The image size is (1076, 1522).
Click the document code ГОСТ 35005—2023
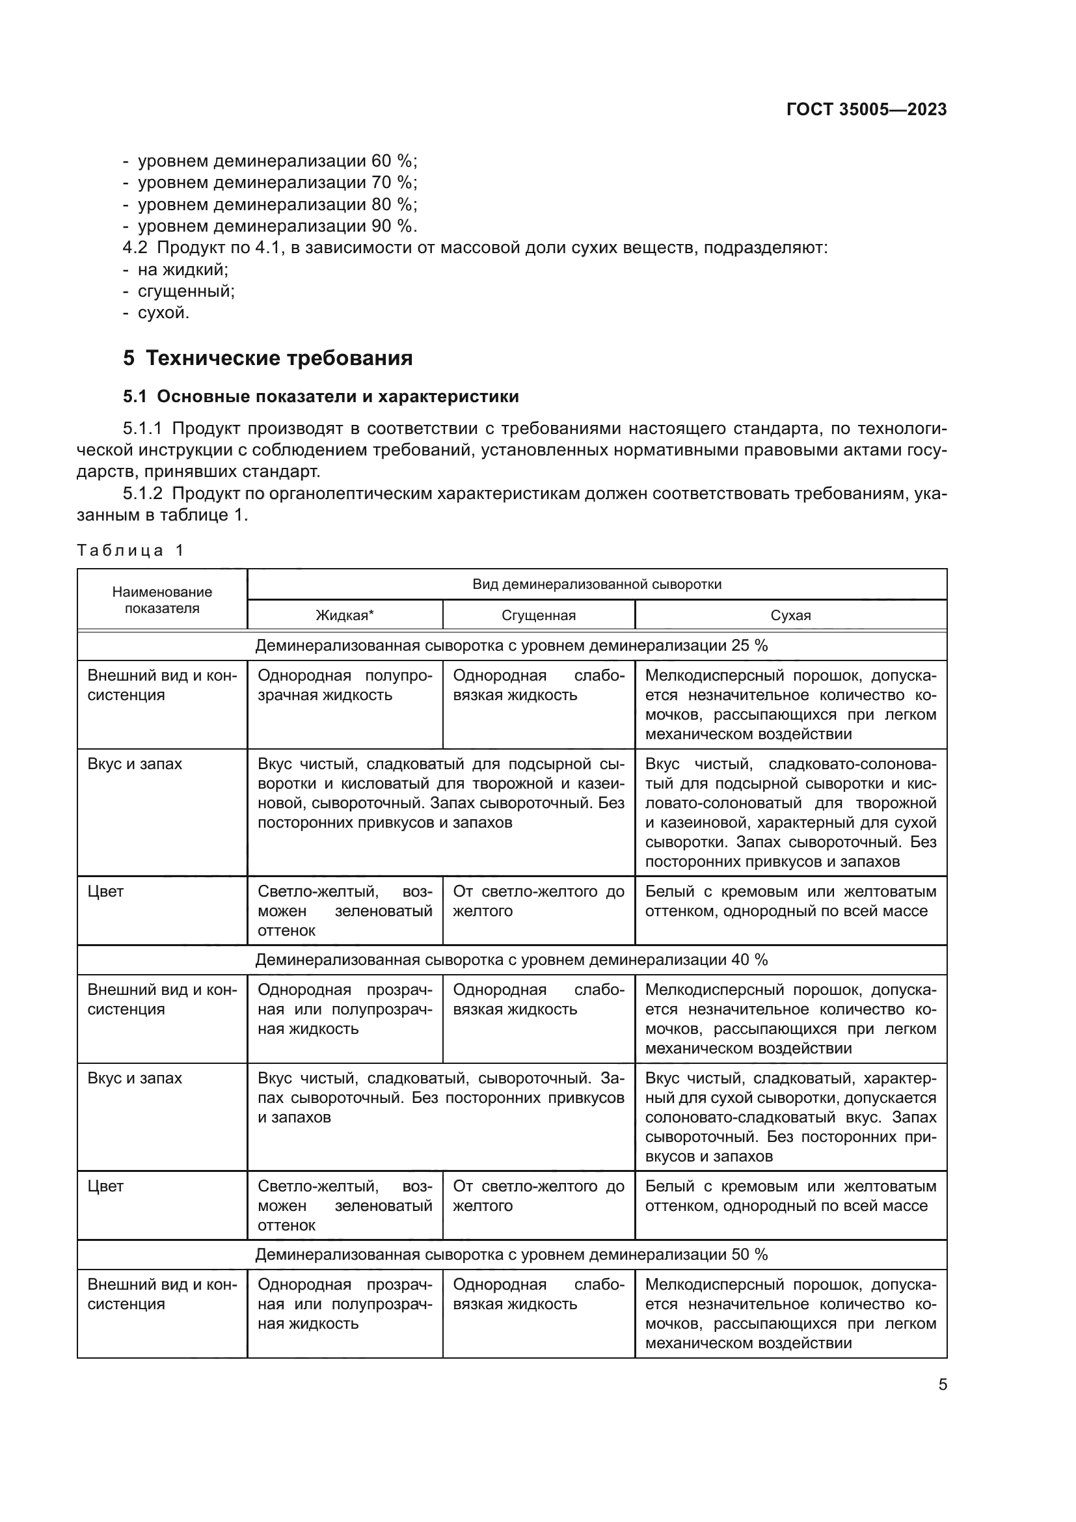[866, 109]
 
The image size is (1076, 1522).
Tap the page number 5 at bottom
[942, 1385]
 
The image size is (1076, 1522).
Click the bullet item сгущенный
[185, 291]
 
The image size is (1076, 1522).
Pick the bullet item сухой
[163, 313]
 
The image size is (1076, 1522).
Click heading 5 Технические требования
[267, 358]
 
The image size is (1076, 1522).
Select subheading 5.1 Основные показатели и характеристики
[321, 396]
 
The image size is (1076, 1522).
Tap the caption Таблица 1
[131, 550]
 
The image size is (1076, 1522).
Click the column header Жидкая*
[345, 615]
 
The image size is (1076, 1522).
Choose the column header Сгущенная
[538, 615]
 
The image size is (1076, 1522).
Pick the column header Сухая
[790, 615]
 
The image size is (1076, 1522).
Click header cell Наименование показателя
[162, 599]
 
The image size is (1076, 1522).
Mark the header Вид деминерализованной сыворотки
[597, 584]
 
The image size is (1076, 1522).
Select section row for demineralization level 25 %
[511, 645]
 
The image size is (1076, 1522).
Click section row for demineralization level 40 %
[511, 960]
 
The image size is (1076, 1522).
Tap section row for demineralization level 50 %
[511, 1255]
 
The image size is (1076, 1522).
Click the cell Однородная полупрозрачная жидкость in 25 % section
[345, 685]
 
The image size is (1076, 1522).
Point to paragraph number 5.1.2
[142, 493]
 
